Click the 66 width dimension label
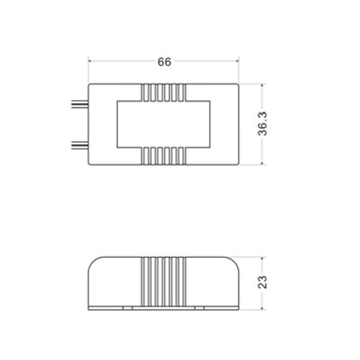pyautogui.click(x=164, y=62)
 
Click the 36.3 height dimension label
pyautogui.click(x=262, y=124)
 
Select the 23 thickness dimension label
pyautogui.click(x=262, y=282)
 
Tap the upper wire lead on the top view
pyautogui.click(x=80, y=104)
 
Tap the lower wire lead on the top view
pyautogui.click(x=80, y=145)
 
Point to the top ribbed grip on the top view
pyautogui.click(x=163, y=92)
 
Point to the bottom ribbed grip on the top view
pyautogui.click(x=163, y=156)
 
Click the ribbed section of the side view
pyautogui.click(x=163, y=282)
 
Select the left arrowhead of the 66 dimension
pyautogui.click(x=90, y=61)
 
